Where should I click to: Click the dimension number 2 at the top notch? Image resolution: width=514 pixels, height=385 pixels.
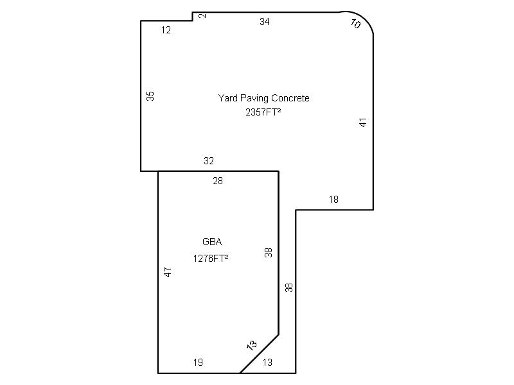(203, 15)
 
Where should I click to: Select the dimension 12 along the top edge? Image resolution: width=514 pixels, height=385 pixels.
(166, 30)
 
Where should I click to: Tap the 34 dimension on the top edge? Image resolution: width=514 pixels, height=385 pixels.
(265, 22)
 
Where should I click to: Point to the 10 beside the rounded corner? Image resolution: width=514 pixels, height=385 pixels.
(355, 23)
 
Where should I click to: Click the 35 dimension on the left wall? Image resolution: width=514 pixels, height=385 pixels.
(150, 96)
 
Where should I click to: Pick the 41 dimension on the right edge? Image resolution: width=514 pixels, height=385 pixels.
(363, 123)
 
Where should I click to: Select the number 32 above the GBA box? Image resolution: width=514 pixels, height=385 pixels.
(209, 161)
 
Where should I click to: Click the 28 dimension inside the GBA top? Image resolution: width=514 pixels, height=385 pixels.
(218, 181)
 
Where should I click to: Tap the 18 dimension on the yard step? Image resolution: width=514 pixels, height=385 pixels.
(333, 200)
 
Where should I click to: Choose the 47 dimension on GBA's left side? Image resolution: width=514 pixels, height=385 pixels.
(168, 272)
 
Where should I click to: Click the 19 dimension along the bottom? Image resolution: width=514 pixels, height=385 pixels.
(198, 363)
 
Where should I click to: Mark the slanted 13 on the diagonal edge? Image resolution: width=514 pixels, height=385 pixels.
(252, 345)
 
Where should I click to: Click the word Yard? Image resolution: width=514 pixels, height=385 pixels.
(228, 98)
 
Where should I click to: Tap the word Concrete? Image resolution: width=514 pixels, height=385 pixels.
(290, 98)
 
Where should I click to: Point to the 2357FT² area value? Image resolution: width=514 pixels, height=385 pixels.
(263, 112)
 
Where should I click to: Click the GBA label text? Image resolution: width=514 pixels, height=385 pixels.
(212, 242)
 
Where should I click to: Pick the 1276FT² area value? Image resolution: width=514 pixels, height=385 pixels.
(211, 259)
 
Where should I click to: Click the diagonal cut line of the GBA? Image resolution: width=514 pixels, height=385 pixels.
(260, 354)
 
